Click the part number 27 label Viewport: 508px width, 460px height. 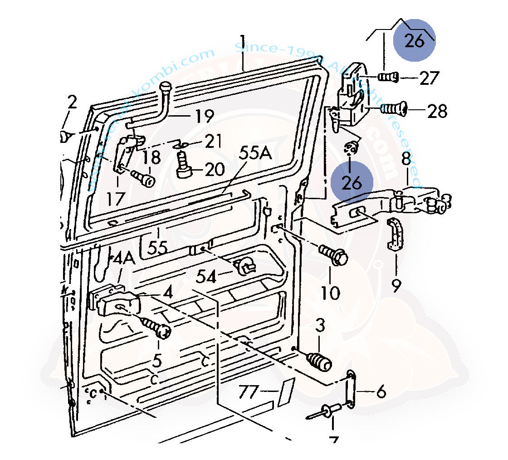point(429,78)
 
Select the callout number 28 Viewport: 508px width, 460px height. point(437,111)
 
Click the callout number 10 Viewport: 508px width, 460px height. point(330,293)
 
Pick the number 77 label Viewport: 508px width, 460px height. point(249,391)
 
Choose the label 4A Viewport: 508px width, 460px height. point(123,260)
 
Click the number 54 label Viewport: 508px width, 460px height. point(206,275)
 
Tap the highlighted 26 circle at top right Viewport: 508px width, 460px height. point(414,40)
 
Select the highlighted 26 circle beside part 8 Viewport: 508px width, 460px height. point(352,182)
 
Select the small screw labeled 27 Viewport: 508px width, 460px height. point(388,77)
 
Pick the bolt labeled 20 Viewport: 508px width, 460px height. point(183,165)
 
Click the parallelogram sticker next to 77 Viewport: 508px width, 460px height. point(287,391)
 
